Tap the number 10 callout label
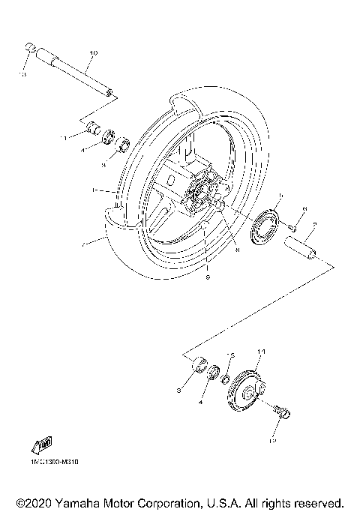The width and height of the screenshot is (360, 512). pyautogui.click(x=93, y=53)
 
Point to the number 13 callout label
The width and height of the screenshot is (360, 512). pyautogui.click(x=23, y=76)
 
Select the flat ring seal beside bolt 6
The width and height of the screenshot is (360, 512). pyautogui.click(x=266, y=228)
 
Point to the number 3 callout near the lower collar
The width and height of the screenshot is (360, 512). pyautogui.click(x=179, y=391)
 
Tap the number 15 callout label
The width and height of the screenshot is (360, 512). pyautogui.click(x=232, y=355)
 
